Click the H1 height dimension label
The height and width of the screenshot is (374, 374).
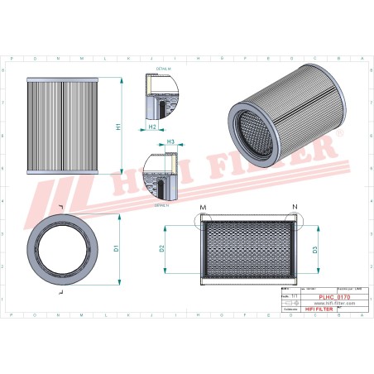pos(118,128)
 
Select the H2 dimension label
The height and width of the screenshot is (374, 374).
pos(154,127)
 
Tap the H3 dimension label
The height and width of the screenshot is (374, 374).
pos(170,142)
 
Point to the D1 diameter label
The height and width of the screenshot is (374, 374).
pos(117,247)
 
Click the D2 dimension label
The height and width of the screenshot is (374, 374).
pos(162,247)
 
